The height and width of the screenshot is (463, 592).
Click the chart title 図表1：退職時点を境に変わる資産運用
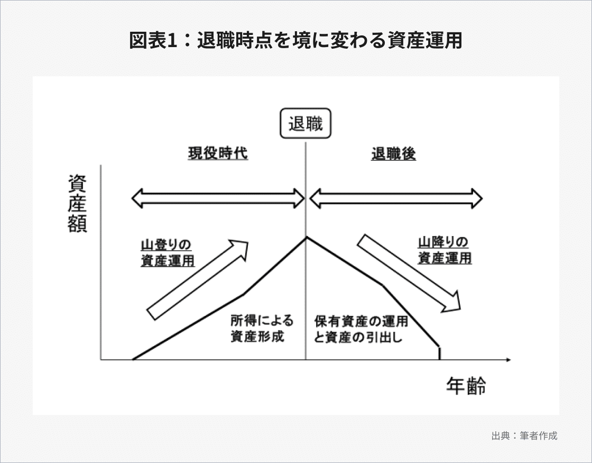click(x=295, y=41)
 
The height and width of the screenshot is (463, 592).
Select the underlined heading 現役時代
click(x=218, y=154)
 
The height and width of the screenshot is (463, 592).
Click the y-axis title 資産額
click(x=78, y=204)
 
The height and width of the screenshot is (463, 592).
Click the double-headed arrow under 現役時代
click(x=218, y=198)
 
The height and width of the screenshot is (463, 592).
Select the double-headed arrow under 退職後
click(x=396, y=198)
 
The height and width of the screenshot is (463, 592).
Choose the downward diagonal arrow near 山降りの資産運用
click(x=409, y=273)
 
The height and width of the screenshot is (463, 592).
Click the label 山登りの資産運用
click(x=167, y=252)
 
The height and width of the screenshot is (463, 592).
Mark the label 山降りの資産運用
click(x=444, y=250)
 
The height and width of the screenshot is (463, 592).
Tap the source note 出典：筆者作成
click(x=524, y=437)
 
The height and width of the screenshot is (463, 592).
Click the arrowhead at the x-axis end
click(x=508, y=360)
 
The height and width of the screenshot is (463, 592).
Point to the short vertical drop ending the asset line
click(x=439, y=353)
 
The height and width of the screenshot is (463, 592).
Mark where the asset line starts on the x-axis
click(x=133, y=359)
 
